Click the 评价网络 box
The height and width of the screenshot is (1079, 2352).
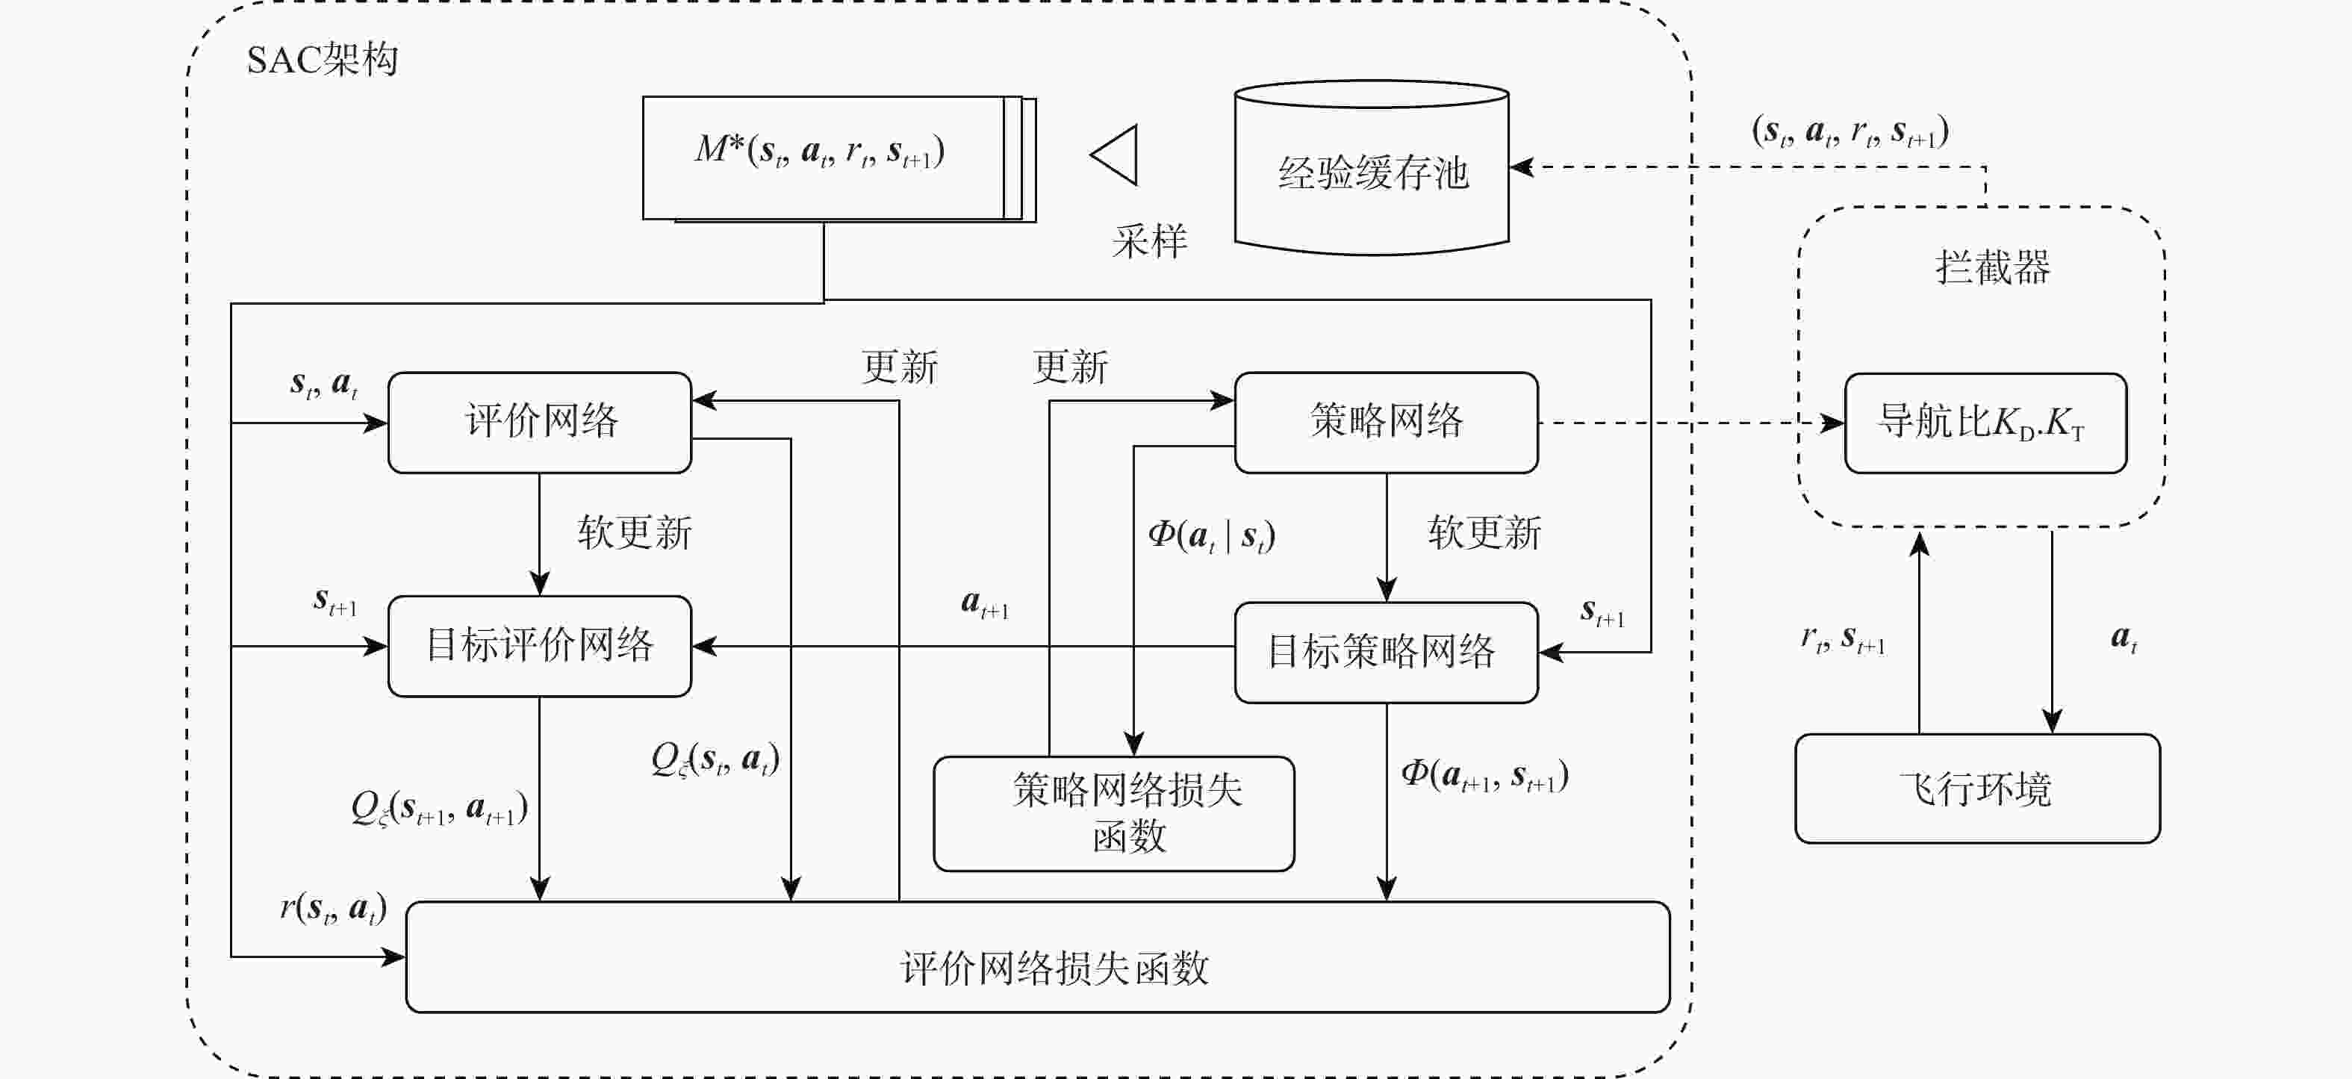540,422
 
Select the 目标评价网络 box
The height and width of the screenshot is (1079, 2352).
540,645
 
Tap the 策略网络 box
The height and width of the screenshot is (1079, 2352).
1386,422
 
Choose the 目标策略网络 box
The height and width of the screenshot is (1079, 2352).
1386,652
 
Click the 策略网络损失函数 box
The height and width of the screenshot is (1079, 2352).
1114,812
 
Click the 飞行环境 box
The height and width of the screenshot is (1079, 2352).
1976,788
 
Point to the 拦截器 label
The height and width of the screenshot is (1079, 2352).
1992,267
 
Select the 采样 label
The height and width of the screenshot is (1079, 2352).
1150,242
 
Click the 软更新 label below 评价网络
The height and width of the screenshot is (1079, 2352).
635,532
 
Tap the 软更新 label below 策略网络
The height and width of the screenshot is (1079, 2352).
1484,532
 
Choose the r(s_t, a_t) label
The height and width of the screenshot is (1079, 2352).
333,907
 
